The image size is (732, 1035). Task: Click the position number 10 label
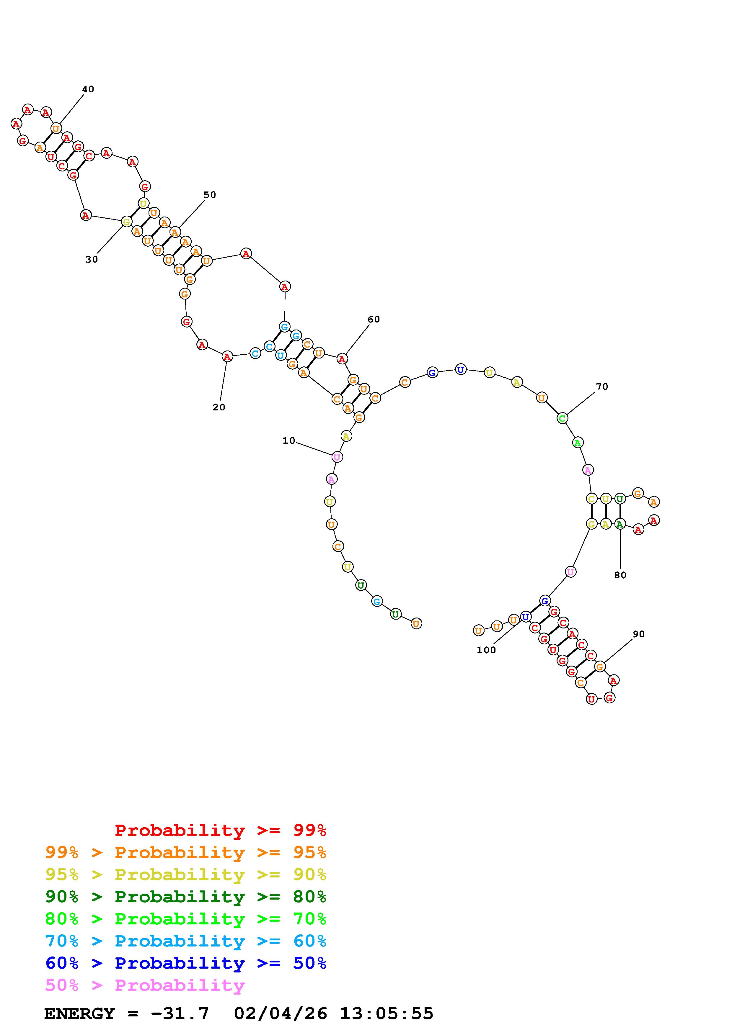tap(289, 440)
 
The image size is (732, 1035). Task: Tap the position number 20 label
tap(219, 407)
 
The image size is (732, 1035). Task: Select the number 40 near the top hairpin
tap(88, 89)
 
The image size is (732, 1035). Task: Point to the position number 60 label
tap(374, 319)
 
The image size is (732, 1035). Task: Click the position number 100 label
tap(486, 650)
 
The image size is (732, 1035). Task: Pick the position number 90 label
tap(639, 634)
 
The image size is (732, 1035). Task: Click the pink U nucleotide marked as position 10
tap(337, 457)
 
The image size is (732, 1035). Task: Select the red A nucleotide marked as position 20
tap(227, 357)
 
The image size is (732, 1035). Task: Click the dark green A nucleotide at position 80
tap(620, 524)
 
